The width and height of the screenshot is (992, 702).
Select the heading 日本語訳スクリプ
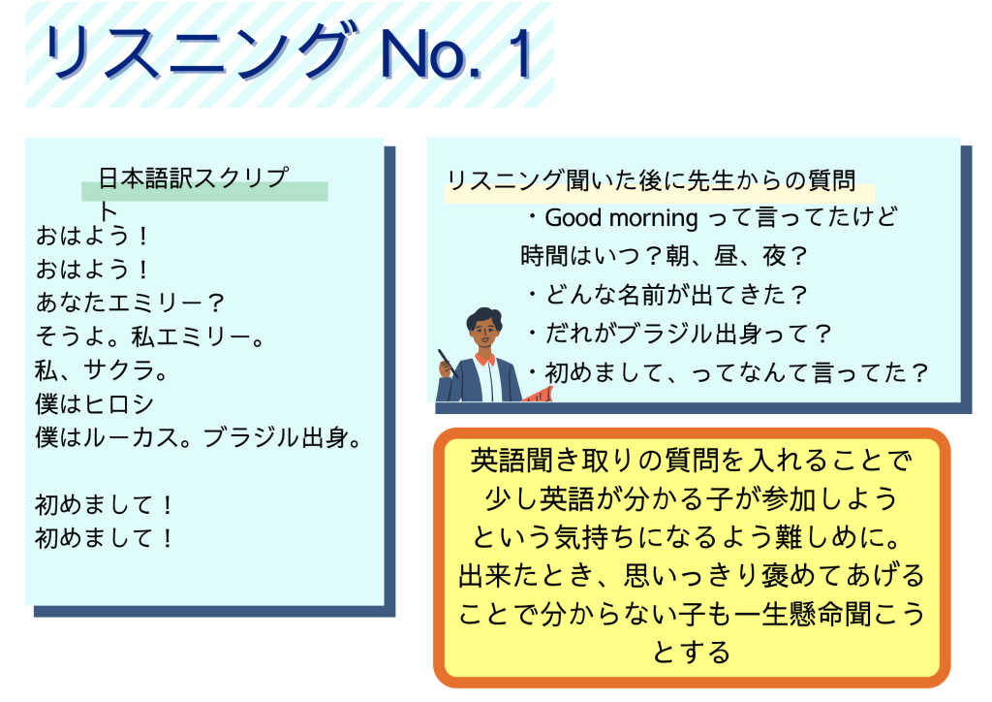tap(194, 177)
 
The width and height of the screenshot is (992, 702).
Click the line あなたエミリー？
tap(130, 302)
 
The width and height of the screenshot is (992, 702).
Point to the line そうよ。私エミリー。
tap(150, 336)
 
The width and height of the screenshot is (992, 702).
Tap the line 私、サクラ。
tap(101, 369)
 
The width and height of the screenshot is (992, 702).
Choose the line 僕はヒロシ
tap(94, 404)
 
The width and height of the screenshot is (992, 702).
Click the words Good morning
tap(621, 218)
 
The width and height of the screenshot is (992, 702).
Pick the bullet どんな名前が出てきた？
tap(667, 295)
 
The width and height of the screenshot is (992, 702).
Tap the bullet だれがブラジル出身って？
tap(679, 334)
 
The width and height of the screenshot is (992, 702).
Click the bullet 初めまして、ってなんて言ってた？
tap(728, 372)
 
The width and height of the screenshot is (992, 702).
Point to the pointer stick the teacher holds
tap(448, 364)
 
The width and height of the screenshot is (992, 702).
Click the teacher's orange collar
tap(485, 359)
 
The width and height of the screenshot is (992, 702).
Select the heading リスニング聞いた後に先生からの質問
tap(652, 180)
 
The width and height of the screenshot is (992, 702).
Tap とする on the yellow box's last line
tap(691, 653)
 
